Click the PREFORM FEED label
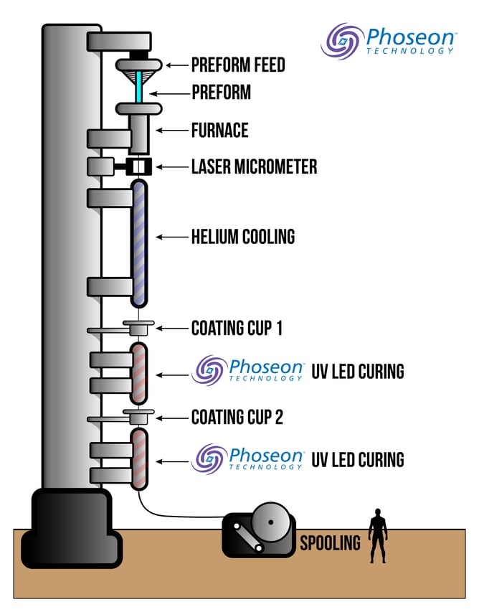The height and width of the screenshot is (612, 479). click(237, 65)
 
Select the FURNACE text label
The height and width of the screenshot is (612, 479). click(219, 131)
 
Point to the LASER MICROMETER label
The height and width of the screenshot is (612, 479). click(254, 167)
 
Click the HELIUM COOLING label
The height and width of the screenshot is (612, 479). click(242, 236)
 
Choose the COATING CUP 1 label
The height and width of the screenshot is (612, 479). click(236, 329)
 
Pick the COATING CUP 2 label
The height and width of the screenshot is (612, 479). click(237, 417)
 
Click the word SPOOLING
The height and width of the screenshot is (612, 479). click(330, 543)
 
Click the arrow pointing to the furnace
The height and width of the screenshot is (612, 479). click(171, 131)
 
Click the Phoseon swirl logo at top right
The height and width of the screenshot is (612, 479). click(341, 40)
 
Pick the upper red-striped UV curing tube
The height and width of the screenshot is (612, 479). click(138, 373)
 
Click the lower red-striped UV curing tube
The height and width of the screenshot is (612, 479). click(138, 460)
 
